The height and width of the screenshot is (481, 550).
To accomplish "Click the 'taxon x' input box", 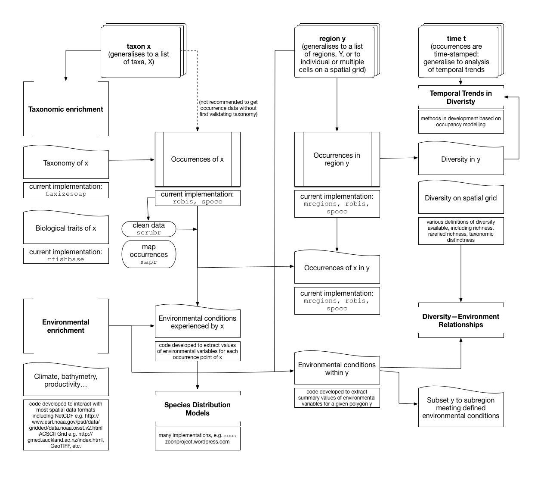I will [x=139, y=53].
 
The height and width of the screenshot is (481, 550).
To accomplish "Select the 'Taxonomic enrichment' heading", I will [x=66, y=109].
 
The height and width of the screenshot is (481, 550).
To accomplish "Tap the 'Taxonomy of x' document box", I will [x=66, y=163].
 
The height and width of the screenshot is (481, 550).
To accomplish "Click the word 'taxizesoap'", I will [x=66, y=194].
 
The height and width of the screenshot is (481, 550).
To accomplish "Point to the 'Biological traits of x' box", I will [x=66, y=228].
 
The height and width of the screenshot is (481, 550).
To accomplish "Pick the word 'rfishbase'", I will [x=66, y=259].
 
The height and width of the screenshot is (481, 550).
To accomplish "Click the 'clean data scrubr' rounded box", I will [x=149, y=229].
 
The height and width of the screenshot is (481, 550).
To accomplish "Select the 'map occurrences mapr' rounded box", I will [x=149, y=254].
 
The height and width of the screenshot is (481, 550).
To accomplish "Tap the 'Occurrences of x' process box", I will [x=198, y=159].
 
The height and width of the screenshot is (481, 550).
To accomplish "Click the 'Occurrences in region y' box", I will [x=337, y=159].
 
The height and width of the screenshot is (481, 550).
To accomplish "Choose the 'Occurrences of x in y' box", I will [x=337, y=268].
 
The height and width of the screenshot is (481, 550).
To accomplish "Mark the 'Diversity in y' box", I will [x=461, y=159].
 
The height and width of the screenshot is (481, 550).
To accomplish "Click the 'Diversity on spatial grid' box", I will [x=461, y=198].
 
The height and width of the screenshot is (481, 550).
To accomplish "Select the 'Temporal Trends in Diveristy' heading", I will [x=461, y=97].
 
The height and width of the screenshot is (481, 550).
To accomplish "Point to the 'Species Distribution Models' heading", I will [x=198, y=409].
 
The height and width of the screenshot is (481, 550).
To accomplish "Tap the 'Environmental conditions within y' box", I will [x=337, y=369].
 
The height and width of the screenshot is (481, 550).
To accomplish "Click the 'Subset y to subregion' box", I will [x=461, y=408].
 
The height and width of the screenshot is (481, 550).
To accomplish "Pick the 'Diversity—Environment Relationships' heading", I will [x=461, y=320].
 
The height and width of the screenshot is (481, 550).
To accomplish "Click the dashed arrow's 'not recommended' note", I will [x=229, y=108].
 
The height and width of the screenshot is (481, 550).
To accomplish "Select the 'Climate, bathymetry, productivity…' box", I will [x=66, y=380].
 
